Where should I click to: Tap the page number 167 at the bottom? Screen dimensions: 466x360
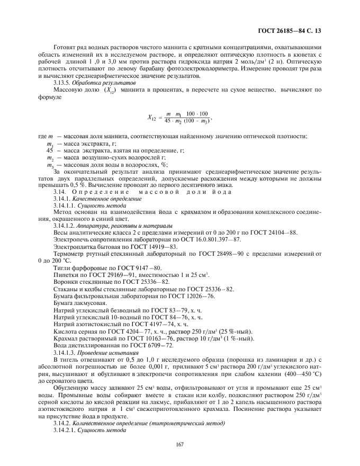pos(179,443)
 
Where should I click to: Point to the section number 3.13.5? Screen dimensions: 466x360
pos(64,84)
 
